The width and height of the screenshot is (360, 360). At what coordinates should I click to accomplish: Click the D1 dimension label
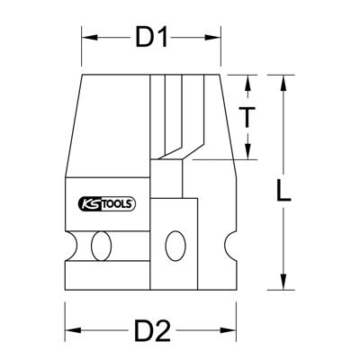[152, 38]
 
